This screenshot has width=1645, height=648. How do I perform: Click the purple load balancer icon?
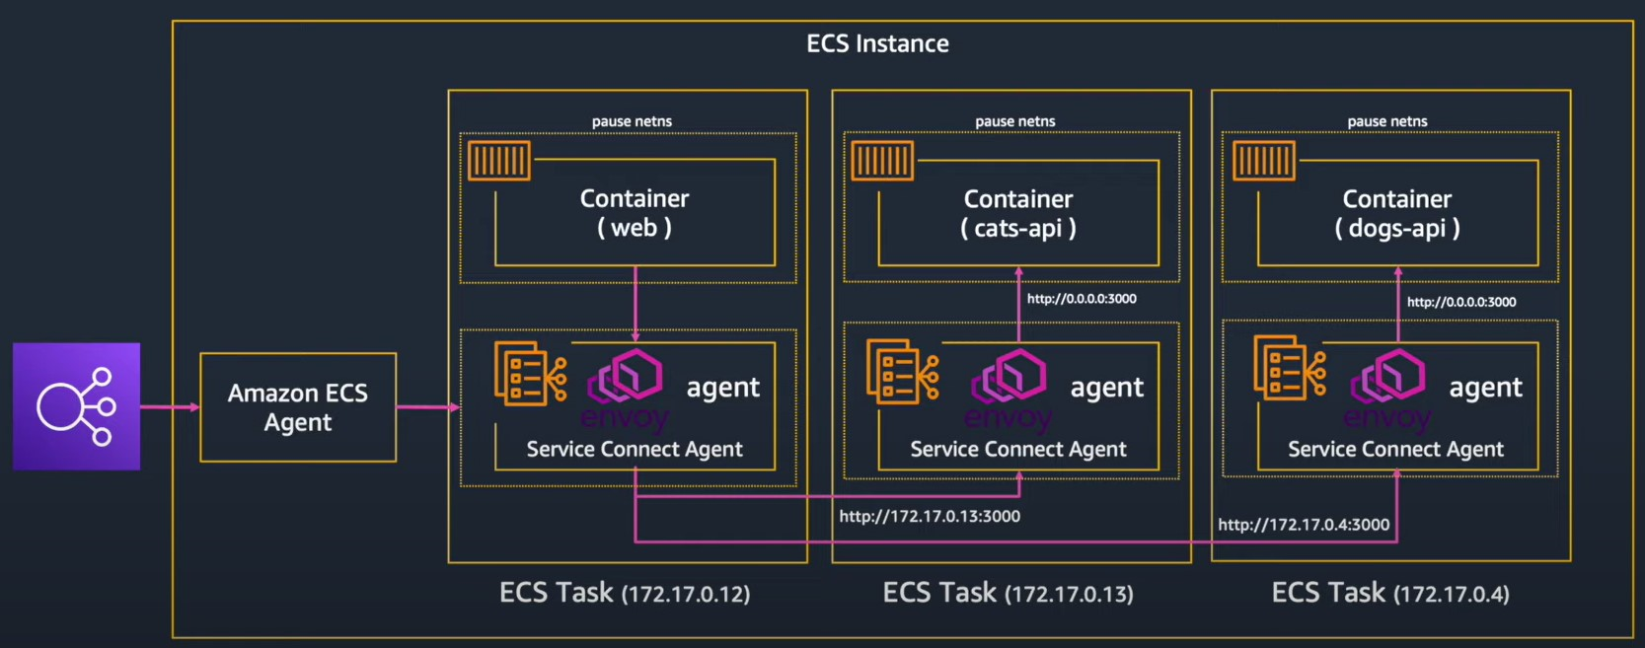pos(76,406)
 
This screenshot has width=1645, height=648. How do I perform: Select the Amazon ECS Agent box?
pos(298,407)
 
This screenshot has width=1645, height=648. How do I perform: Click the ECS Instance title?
pos(877,43)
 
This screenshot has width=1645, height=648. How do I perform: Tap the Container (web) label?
pos(635,213)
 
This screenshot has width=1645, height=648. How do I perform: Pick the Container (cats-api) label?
pos(1018,213)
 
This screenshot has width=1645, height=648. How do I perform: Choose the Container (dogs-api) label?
pos(1397,213)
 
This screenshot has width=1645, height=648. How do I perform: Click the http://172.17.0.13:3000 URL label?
pos(930,516)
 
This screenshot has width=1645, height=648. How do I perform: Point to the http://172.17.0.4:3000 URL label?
pos(1304,525)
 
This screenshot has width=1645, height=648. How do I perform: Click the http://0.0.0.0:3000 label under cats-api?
pos(1082,299)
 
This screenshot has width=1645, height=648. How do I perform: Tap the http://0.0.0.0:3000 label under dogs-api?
pos(1461,302)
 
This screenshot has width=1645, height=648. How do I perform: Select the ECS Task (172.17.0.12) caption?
pos(625,593)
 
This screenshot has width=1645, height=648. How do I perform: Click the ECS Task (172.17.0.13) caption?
pos(1008,593)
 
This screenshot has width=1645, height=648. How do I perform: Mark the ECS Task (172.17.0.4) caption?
pos(1389,593)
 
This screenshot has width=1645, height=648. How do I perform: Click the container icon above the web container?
pos(499,161)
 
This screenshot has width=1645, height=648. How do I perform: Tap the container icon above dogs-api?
pos(1264,161)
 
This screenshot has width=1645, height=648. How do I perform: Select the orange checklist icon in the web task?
pos(529,373)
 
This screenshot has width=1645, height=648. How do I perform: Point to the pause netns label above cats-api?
pos(1014,121)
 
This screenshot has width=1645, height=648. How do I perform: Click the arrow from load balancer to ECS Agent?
pos(170,406)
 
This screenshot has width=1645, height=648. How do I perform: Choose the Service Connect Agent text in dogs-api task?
pos(1395,449)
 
